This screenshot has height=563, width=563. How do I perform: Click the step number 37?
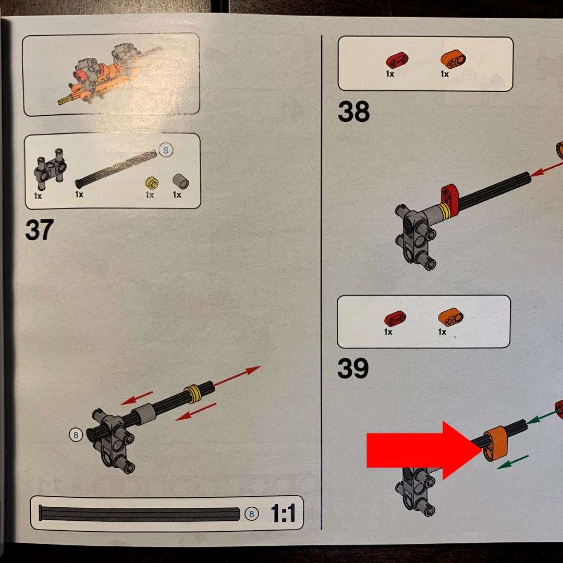[40, 230]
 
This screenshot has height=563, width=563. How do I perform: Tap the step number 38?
[353, 112]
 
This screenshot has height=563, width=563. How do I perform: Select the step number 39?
[353, 368]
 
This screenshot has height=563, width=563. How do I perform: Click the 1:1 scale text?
[283, 513]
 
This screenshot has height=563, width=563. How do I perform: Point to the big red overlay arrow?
[424, 450]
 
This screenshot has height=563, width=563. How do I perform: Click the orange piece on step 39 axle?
[496, 444]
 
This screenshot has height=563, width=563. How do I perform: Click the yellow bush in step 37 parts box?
[152, 183]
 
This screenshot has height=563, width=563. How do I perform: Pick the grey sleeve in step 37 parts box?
[180, 181]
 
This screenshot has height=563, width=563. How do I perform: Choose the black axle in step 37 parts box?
[116, 169]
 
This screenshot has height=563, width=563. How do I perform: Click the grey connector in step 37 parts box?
[50, 169]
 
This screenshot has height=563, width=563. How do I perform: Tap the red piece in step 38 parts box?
[397, 60]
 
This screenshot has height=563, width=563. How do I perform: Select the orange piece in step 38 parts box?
[453, 59]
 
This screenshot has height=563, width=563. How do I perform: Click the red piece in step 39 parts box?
[395, 319]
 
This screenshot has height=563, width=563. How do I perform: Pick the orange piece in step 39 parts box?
[450, 317]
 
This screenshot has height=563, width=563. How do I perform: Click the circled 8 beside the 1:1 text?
[251, 514]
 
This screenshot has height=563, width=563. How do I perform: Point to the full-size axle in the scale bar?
[139, 514]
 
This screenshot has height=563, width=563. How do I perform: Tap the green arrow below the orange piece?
[512, 462]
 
